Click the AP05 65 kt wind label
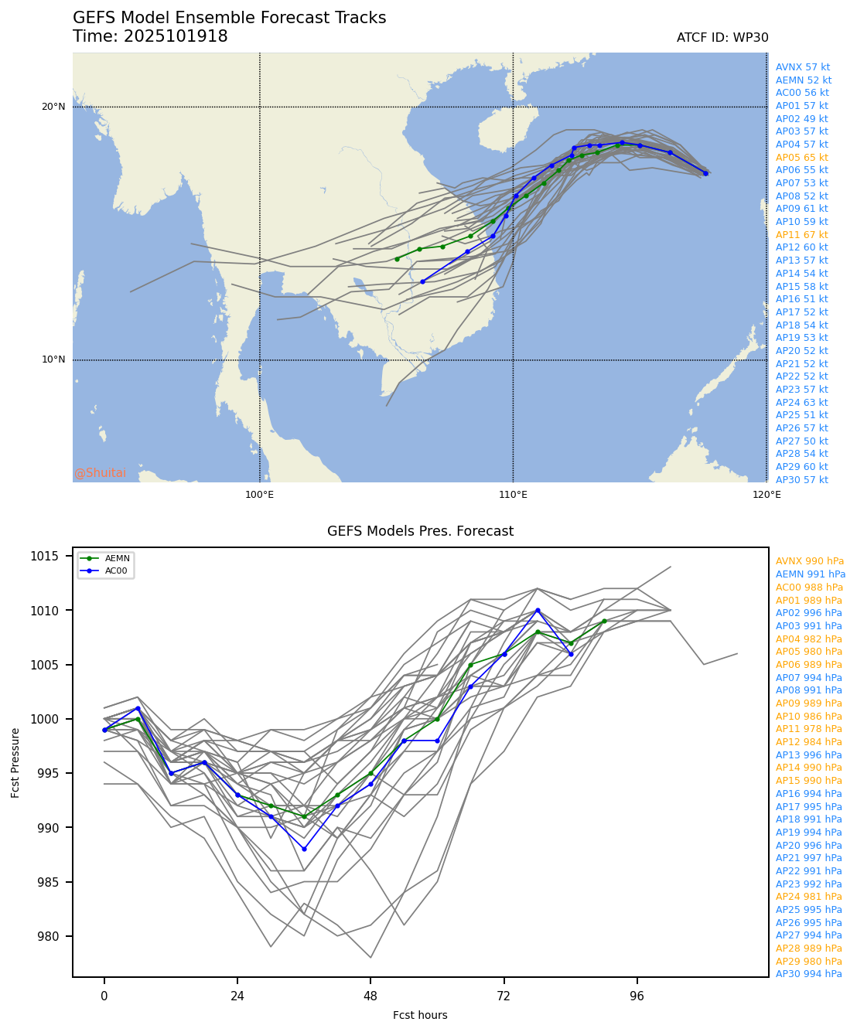(801, 158)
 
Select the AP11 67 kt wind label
(801, 235)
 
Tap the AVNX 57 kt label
(803, 67)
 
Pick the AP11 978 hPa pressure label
(809, 729)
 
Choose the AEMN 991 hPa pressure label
(811, 574)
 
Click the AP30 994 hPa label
(809, 974)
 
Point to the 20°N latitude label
(53, 107)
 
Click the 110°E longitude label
(513, 495)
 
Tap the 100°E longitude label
(259, 495)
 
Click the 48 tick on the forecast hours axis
(370, 996)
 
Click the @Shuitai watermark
(100, 473)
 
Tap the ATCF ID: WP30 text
(722, 38)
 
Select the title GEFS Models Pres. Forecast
(420, 531)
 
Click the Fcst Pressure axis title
(15, 761)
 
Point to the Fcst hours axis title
(420, 1015)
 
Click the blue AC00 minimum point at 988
(304, 849)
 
